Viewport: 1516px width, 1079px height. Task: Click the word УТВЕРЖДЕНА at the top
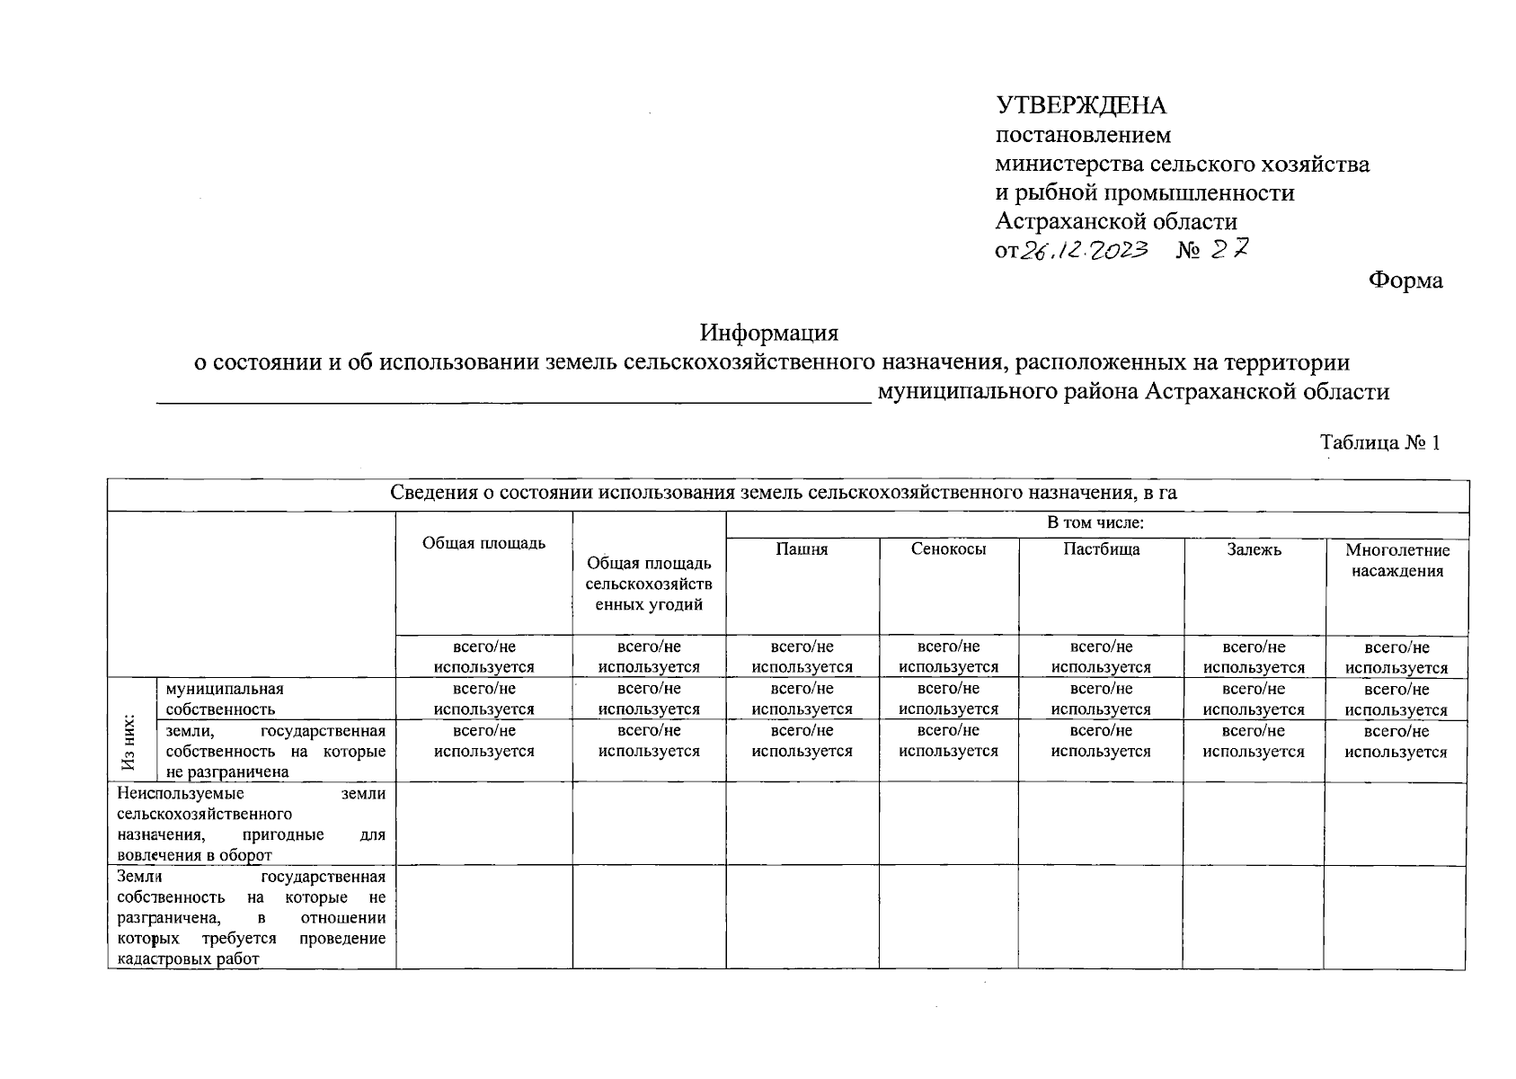tap(1080, 106)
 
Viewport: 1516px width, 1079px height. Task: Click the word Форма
tap(1405, 281)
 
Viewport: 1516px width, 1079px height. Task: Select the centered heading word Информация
tap(769, 333)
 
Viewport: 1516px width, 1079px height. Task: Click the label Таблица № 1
tap(1379, 442)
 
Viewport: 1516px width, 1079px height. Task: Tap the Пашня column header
tap(802, 549)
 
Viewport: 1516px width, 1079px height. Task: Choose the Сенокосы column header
tap(948, 549)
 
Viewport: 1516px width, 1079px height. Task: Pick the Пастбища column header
tap(1101, 549)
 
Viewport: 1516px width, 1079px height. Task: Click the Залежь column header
tap(1254, 549)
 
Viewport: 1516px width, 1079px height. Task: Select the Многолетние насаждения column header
tap(1396, 560)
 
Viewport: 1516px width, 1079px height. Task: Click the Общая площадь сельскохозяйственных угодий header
tap(649, 584)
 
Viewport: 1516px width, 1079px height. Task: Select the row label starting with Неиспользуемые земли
tap(251, 824)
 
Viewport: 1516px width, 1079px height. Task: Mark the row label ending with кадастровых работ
tap(251, 917)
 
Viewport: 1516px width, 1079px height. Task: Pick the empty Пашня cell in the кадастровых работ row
tap(802, 917)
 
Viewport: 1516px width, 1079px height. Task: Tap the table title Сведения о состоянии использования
tap(784, 494)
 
